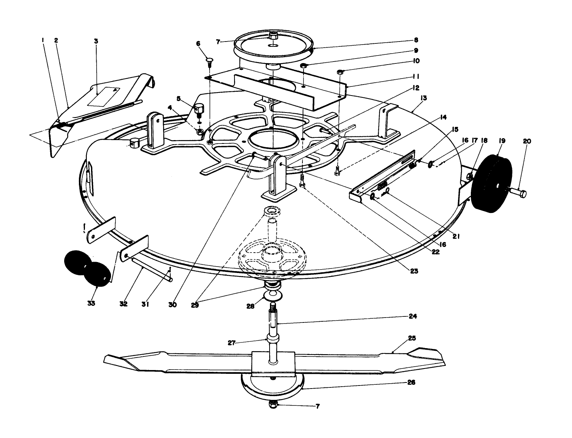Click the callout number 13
pos(423,98)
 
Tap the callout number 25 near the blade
pos(412,338)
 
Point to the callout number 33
pos(91,303)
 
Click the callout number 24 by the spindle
pos(413,316)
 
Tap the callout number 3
pos(96,40)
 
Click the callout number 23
pos(414,271)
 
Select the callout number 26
pos(412,382)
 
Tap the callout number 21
pos(456,237)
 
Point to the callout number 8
pos(416,40)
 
